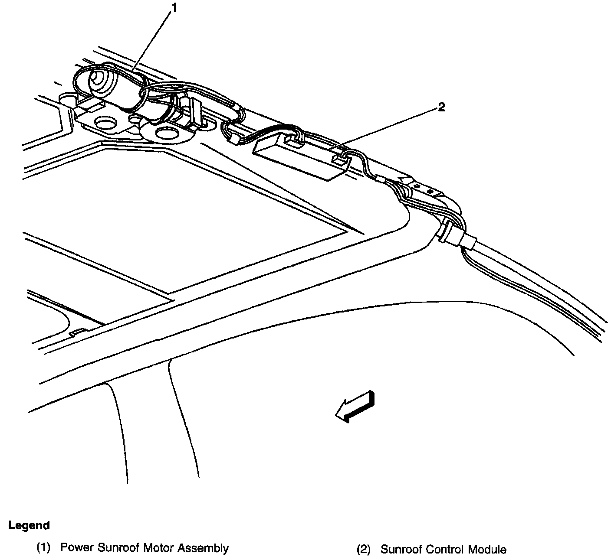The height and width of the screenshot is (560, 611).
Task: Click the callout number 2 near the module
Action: [x=441, y=107]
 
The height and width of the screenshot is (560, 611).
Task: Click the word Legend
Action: [x=29, y=526]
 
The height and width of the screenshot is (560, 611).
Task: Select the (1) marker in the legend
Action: [x=43, y=548]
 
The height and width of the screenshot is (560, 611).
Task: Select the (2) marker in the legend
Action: [x=364, y=550]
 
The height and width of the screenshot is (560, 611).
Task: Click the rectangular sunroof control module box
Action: [x=295, y=156]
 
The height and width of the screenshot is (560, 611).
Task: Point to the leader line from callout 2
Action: [x=382, y=128]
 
